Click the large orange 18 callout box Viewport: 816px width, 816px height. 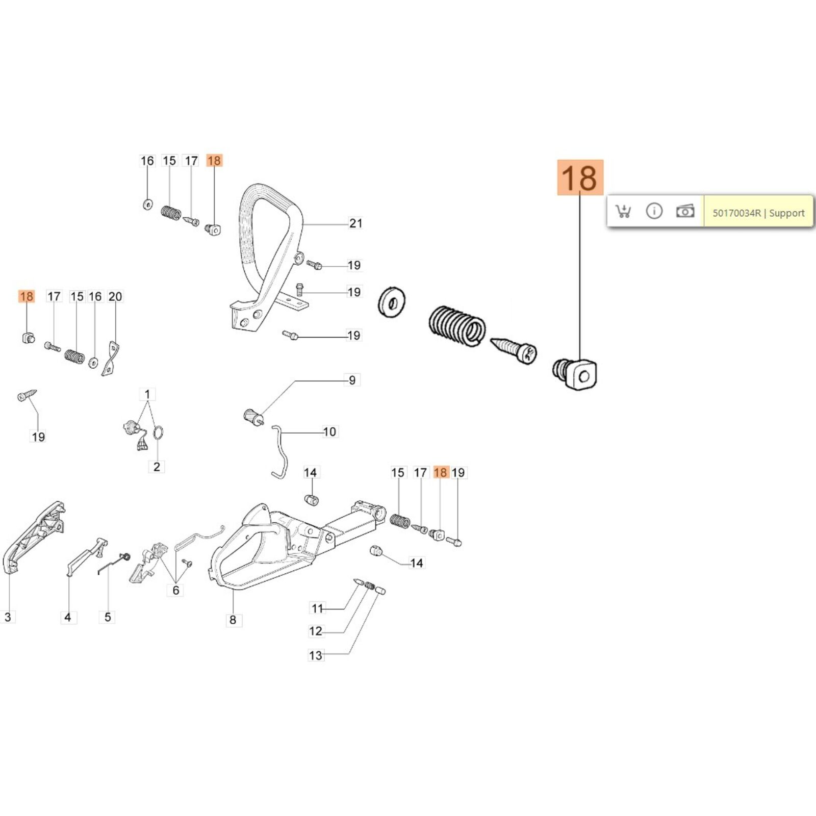(580, 177)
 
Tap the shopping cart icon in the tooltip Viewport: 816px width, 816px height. (623, 211)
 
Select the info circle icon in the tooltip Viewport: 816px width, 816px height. (654, 211)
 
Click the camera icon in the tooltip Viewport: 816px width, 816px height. (685, 211)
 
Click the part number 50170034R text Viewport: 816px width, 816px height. (736, 213)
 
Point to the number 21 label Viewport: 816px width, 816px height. (355, 223)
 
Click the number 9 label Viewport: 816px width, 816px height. (352, 380)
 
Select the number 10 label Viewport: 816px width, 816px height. (329, 432)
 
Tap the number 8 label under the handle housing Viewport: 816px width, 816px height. (233, 620)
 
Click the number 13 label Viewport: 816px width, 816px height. (316, 655)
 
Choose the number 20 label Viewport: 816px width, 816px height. (115, 296)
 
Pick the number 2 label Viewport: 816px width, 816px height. (157, 467)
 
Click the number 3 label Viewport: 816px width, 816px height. (8, 617)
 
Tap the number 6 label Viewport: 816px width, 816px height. (176, 590)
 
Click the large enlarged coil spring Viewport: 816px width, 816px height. (456, 327)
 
